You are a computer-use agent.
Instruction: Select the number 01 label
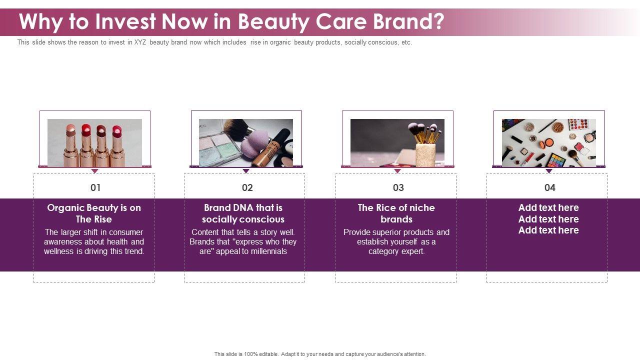click(95, 187)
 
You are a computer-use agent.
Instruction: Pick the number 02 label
click(247, 187)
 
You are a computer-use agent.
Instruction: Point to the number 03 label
click(398, 187)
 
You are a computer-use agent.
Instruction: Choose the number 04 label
click(549, 187)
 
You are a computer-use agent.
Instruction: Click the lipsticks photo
click(94, 143)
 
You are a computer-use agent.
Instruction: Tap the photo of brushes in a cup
click(397, 143)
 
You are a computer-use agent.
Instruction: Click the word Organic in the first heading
click(65, 208)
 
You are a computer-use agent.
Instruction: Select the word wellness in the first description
click(59, 251)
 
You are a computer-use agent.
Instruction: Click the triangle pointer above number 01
click(94, 171)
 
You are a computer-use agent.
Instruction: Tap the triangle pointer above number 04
click(549, 171)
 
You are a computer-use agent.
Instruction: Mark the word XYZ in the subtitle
click(140, 42)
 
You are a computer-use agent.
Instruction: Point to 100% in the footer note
click(251, 354)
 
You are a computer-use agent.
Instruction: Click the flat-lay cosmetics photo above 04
click(549, 143)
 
